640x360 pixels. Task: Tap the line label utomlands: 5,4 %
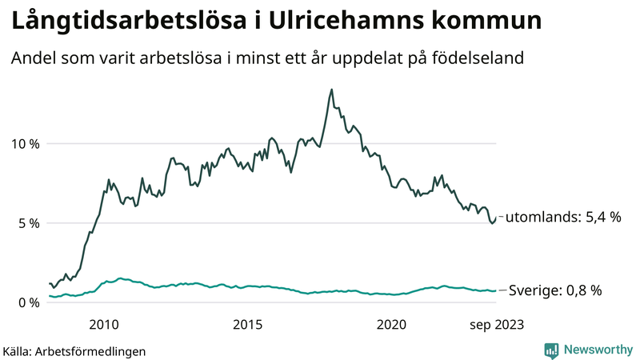point(565,217)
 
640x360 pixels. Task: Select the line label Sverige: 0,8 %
point(555,290)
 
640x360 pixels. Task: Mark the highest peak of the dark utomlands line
point(331,90)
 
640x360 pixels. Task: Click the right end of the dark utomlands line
point(496,218)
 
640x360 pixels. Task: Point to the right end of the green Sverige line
point(496,290)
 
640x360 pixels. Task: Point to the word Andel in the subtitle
point(31,58)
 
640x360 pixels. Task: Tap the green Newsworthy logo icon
point(551,350)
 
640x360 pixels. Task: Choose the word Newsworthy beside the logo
point(597,350)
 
